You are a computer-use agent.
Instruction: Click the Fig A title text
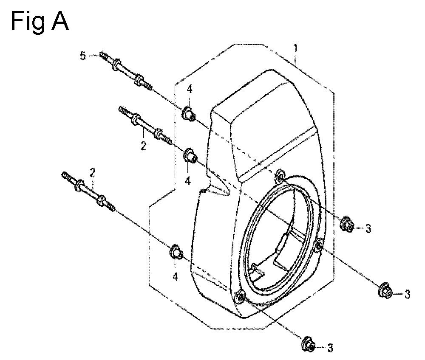click(x=40, y=21)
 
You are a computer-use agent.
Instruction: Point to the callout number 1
click(x=296, y=48)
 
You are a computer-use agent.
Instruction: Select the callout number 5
click(x=83, y=56)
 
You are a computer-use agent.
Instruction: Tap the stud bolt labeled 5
click(x=125, y=71)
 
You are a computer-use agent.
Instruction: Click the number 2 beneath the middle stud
click(x=143, y=146)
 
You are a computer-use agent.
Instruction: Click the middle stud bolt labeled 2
click(x=145, y=126)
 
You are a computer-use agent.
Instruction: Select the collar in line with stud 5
click(x=189, y=114)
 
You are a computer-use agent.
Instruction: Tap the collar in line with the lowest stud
click(x=177, y=252)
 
